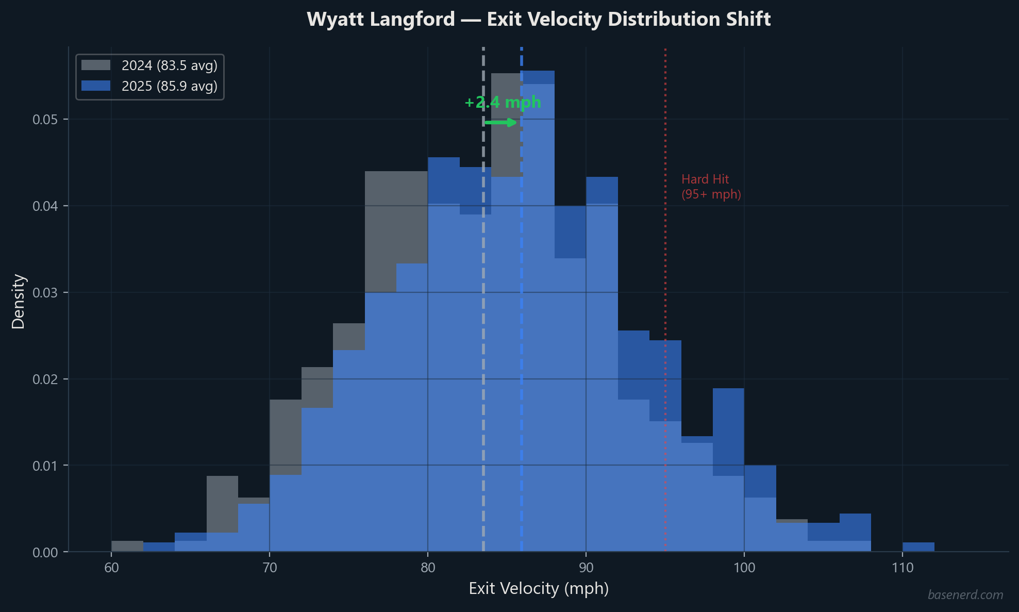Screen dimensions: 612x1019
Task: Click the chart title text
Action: tap(538, 20)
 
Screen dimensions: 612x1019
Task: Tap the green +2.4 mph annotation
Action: tap(503, 102)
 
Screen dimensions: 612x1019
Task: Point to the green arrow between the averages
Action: tap(500, 122)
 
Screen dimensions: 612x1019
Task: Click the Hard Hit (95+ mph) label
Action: tap(711, 187)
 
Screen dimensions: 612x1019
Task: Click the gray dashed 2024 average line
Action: tap(483, 361)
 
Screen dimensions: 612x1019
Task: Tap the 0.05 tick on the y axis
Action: tap(45, 120)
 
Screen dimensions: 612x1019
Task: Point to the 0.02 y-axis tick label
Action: tap(45, 379)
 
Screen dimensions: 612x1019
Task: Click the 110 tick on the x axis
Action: tap(902, 568)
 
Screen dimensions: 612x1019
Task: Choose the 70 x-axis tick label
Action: tap(270, 568)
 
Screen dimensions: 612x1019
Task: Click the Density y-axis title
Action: tap(19, 301)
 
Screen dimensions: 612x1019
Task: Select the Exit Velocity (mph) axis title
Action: tap(539, 588)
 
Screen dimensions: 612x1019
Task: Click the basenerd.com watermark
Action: tap(965, 595)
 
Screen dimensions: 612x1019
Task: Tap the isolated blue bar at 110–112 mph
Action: tap(918, 547)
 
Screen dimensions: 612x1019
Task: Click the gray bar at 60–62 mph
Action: tap(127, 546)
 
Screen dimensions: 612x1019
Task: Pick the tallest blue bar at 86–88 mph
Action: tap(538, 309)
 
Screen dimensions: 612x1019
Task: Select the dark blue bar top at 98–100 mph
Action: tap(728, 431)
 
